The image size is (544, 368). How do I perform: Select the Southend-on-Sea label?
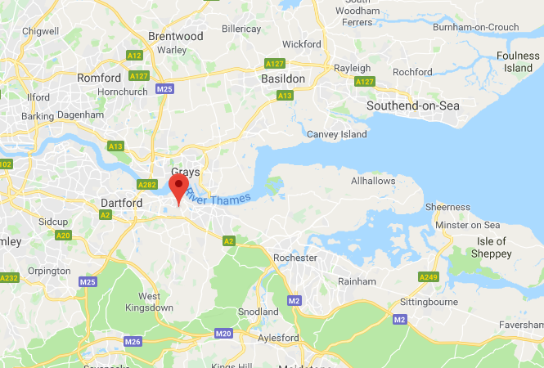click(413, 105)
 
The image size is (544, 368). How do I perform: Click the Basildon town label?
click(282, 79)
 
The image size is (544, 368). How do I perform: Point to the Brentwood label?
click(175, 37)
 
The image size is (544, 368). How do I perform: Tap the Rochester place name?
click(294, 258)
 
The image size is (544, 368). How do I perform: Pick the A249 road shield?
click(428, 277)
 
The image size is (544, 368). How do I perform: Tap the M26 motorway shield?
click(133, 340)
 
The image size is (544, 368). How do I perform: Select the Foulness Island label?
click(518, 62)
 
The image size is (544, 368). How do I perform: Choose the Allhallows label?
click(373, 181)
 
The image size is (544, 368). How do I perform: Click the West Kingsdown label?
click(150, 302)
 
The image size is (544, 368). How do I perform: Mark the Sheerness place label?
click(447, 208)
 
